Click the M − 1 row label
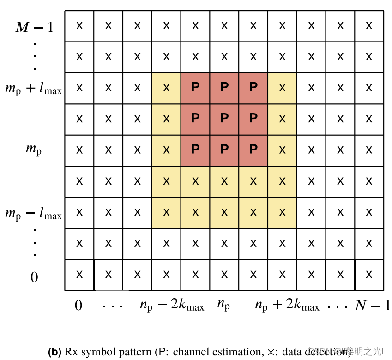click(35, 27)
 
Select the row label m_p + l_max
click(34, 88)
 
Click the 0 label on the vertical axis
click(35, 277)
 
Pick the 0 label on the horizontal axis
click(78, 306)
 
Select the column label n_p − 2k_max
click(172, 306)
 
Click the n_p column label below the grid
click(224, 306)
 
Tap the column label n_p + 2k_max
click(287, 306)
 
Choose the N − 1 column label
click(372, 306)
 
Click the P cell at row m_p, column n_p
click(224, 150)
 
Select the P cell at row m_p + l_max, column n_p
click(224, 88)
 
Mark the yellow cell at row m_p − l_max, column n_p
click(224, 212)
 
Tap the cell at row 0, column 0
click(79, 275)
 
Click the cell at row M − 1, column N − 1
click(369, 25)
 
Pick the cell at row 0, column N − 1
click(369, 275)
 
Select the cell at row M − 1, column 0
click(79, 25)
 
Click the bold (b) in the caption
click(54, 352)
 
